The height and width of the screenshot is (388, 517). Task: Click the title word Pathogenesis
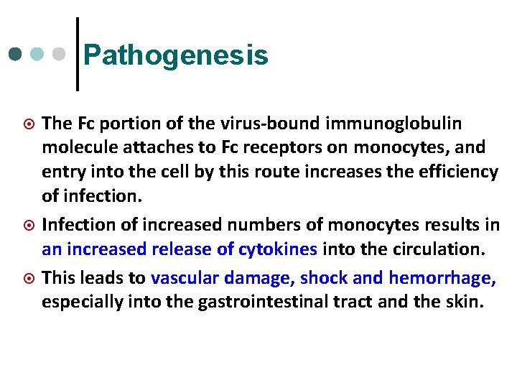(176, 55)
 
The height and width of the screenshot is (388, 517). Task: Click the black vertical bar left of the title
(77, 54)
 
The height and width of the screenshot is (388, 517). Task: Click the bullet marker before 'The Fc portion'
(29, 124)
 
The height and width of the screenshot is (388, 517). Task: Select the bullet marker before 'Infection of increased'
(29, 226)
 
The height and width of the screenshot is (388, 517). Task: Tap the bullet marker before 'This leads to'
(29, 278)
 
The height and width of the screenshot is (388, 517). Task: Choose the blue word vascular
(185, 277)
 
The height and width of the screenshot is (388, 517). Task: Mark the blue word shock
(322, 277)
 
